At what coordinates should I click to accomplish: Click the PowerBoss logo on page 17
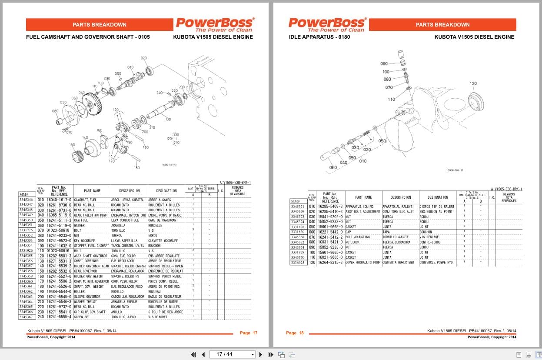[215, 24]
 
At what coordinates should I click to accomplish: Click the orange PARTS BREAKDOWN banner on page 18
[442, 25]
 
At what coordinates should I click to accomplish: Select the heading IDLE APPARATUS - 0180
[319, 37]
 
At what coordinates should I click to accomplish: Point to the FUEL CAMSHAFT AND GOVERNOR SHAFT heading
[88, 37]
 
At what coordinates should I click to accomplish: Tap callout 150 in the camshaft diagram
[72, 145]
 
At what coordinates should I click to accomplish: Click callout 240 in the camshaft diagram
[160, 93]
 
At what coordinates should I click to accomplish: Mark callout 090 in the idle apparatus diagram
[384, 63]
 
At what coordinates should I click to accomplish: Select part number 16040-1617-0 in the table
[59, 200]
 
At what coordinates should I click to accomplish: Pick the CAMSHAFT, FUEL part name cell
[85, 200]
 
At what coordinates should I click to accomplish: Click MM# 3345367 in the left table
[26, 317]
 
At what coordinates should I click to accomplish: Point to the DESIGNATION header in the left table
[166, 190]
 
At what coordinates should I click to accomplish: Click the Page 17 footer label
[249, 333]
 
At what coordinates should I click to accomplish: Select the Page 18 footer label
[295, 333]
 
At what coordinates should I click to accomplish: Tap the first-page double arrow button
[193, 354]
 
